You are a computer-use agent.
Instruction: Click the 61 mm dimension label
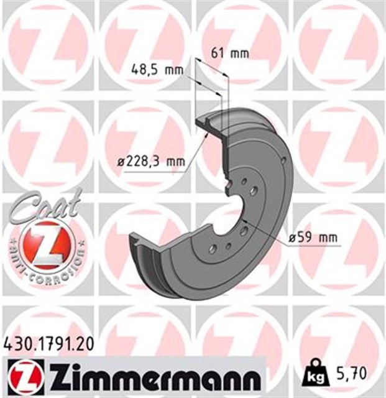tap(230, 53)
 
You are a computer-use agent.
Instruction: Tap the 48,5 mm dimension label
tap(157, 70)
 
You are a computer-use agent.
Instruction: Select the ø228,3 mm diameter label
tap(151, 162)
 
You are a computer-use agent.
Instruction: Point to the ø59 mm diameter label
tap(313, 237)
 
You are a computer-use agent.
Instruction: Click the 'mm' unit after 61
tap(240, 53)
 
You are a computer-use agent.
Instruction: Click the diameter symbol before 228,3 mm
tap(121, 162)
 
